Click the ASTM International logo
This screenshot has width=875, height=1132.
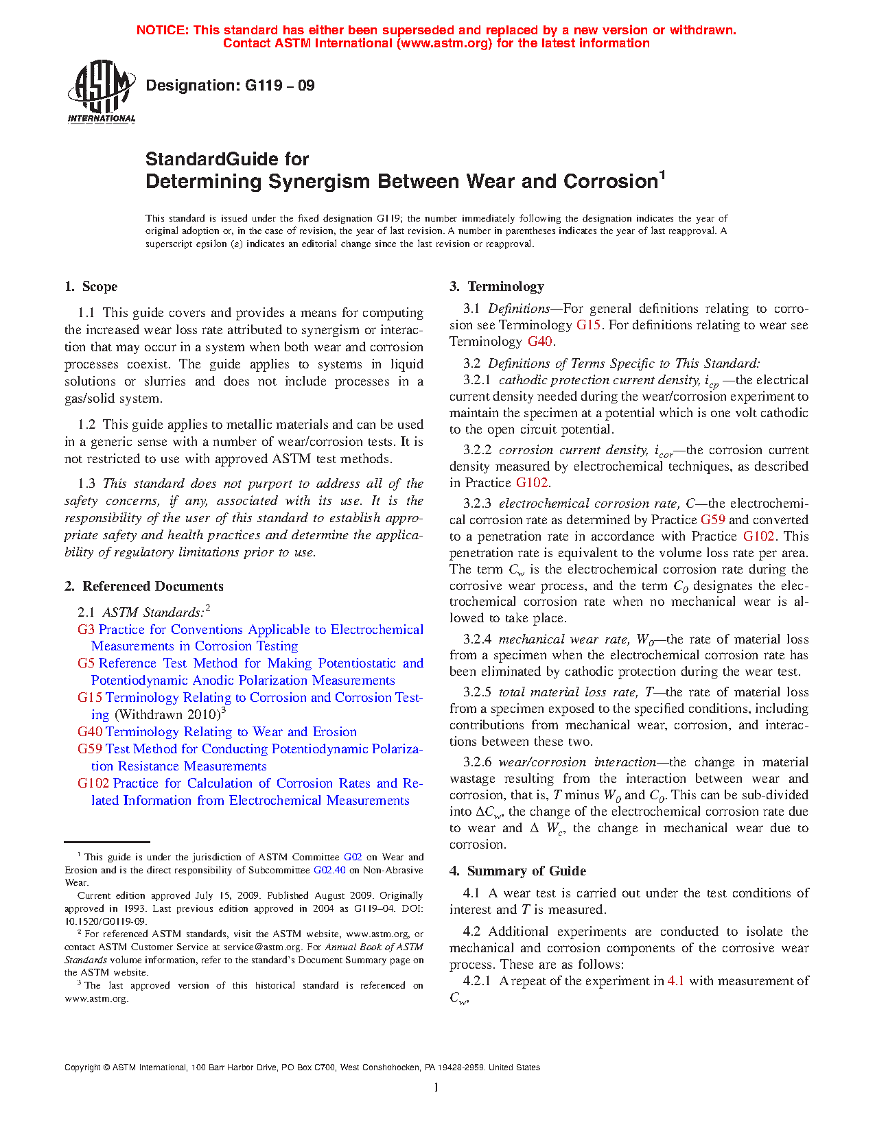(x=101, y=91)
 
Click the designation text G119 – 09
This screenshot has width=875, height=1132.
(x=230, y=86)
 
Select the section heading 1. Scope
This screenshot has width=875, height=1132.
(x=91, y=287)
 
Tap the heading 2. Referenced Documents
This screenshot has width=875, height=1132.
(x=143, y=587)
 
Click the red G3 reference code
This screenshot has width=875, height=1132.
(x=86, y=630)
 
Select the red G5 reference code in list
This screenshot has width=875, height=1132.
(x=86, y=663)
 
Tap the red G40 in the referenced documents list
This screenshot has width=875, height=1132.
(x=90, y=732)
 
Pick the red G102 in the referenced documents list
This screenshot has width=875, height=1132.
(x=93, y=783)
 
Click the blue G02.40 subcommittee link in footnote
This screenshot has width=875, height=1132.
(x=329, y=870)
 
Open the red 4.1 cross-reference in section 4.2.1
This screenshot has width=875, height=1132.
(x=675, y=981)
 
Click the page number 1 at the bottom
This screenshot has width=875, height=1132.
(x=436, y=1087)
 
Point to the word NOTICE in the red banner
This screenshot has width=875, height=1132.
(x=162, y=30)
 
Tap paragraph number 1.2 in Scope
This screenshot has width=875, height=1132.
(x=86, y=425)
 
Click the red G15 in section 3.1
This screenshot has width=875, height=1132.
(x=588, y=325)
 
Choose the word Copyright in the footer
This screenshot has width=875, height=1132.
(x=82, y=1068)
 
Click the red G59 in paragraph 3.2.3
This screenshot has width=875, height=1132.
(x=712, y=520)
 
